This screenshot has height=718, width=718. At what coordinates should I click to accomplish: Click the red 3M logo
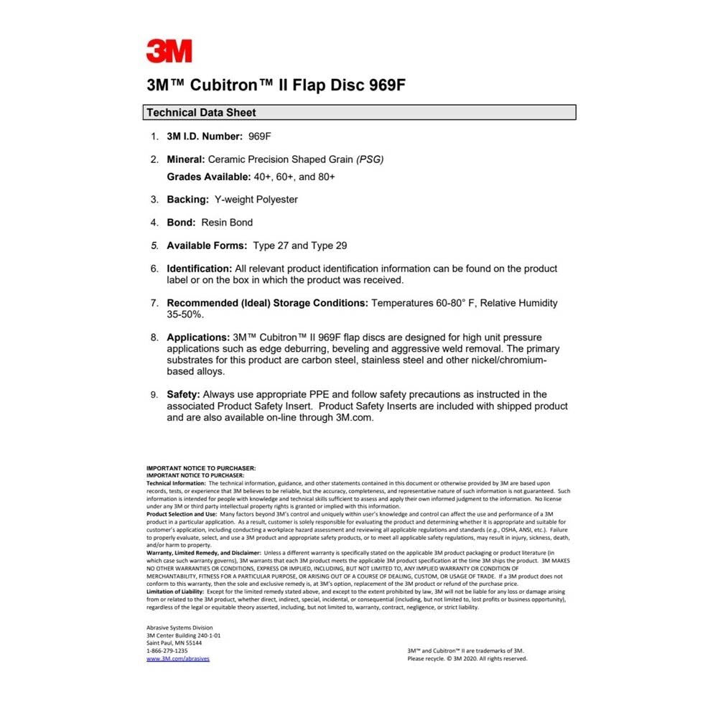[x=169, y=51]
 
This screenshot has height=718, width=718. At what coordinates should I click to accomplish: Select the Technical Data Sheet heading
[x=201, y=113]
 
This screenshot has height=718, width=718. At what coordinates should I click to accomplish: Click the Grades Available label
[x=208, y=177]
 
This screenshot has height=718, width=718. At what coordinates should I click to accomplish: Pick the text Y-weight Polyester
[x=256, y=200]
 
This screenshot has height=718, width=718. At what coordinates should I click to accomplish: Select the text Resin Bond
[x=227, y=223]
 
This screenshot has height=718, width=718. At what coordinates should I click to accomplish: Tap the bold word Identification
[x=199, y=269]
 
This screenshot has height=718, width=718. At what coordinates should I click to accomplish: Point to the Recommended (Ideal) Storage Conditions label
[x=267, y=303]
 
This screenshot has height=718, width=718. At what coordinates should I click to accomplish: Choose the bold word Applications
[x=197, y=337]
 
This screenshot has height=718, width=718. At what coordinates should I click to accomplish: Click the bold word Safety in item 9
[x=183, y=394]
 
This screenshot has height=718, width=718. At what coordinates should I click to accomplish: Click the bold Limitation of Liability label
[x=175, y=592]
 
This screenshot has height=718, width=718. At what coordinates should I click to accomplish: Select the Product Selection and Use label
[x=181, y=514]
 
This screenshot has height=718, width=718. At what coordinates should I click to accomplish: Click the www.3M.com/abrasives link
[x=177, y=658]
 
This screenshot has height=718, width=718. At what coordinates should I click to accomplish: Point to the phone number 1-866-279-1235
[x=167, y=651]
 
